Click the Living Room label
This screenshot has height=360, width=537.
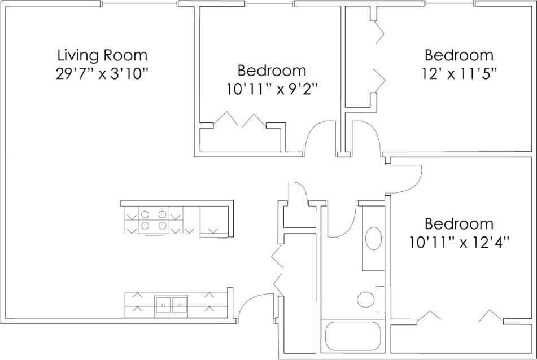point(102,55)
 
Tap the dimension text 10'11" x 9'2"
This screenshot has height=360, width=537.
point(272,89)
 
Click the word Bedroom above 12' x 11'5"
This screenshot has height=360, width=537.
point(459,55)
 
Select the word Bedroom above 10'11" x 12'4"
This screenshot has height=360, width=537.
point(459,223)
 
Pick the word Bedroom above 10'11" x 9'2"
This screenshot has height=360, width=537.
point(272,71)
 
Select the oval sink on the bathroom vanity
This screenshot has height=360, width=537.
point(373,239)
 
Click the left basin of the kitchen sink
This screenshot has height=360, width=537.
point(164,304)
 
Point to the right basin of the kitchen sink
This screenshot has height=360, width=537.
point(180,304)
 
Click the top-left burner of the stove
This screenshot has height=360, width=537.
point(145,214)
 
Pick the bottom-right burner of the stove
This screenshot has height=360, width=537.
point(163,225)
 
